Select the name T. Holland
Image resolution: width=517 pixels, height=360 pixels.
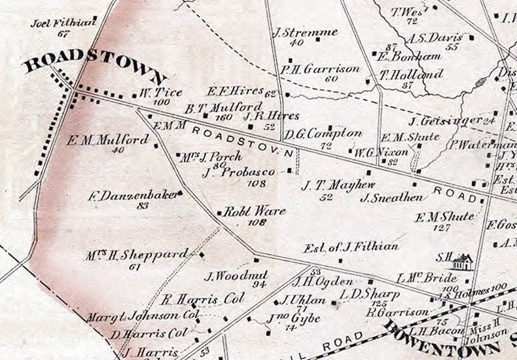tap(411, 75)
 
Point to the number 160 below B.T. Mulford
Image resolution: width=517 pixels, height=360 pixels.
tap(224, 117)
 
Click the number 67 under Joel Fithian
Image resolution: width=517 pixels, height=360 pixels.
tap(63, 33)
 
